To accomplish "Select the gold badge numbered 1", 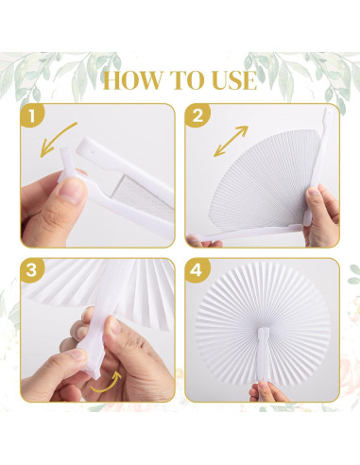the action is point(32,116).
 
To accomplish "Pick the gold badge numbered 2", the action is point(197,116).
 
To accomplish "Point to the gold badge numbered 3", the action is point(32,270).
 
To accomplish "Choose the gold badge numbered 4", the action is point(197,270).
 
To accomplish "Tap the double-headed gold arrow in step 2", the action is point(231,141).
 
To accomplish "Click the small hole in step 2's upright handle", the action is point(330,112).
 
